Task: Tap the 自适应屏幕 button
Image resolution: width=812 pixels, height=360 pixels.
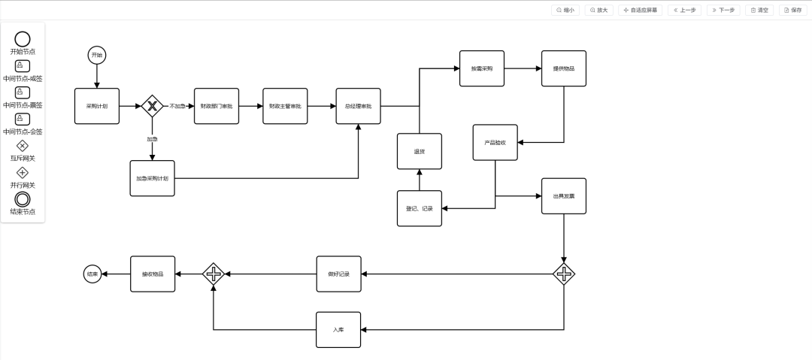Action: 640,10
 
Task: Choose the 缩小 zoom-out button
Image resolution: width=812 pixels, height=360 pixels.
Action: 565,10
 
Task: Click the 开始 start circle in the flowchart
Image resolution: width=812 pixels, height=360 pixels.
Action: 96,55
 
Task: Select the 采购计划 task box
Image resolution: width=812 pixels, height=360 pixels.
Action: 97,106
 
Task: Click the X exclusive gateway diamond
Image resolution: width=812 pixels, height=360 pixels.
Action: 152,106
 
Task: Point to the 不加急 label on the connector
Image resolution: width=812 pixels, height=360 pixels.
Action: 177,106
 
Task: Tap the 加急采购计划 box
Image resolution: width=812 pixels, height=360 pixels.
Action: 152,178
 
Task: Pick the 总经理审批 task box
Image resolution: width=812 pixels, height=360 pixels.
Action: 358,106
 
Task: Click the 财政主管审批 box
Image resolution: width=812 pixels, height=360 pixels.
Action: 285,106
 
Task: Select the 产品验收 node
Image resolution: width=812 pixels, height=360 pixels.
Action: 495,142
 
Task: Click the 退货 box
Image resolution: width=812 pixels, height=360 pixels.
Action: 420,151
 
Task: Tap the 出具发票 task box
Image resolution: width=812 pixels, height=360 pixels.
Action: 563,196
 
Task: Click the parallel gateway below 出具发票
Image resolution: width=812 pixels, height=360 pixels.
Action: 563,274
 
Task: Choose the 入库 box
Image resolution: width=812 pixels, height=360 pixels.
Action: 338,329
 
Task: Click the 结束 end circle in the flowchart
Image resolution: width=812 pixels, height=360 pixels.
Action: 92,274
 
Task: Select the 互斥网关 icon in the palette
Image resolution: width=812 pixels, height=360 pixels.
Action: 23,146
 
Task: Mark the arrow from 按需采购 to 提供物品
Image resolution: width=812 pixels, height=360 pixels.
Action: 523,68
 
